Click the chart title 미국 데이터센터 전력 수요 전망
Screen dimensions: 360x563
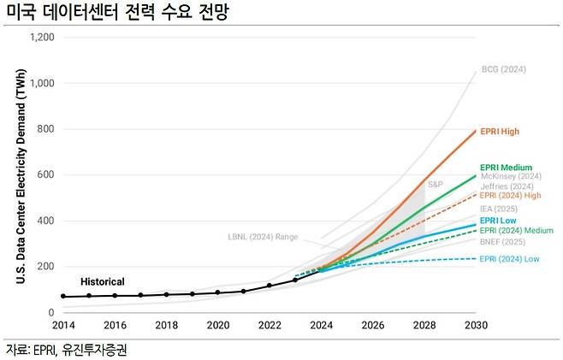(117, 13)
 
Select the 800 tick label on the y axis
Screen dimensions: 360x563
(44, 129)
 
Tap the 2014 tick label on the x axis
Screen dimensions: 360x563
(62, 326)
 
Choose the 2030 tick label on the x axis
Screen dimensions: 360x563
(476, 326)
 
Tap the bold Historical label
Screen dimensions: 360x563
(103, 281)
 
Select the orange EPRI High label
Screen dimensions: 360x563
(500, 132)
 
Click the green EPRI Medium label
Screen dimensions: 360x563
(506, 167)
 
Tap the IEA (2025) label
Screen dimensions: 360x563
(498, 208)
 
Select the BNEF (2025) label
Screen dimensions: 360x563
(501, 242)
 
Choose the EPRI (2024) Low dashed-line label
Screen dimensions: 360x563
(509, 258)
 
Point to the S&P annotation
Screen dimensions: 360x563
(435, 185)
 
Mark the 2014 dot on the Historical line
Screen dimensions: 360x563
(63, 297)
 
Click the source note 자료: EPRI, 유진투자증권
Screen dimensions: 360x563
(69, 349)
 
